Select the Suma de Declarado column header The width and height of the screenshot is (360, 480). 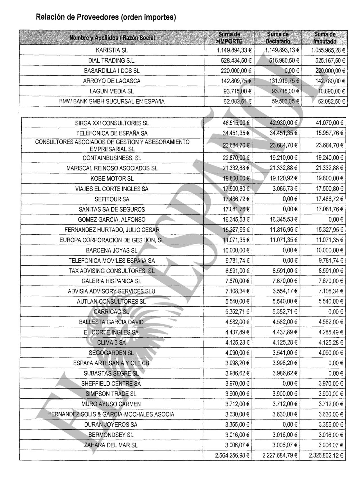click(x=278, y=38)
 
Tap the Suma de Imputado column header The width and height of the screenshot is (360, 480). click(x=325, y=38)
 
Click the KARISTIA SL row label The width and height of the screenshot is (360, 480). click(x=112, y=50)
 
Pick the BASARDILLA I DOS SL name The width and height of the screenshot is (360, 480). click(x=112, y=71)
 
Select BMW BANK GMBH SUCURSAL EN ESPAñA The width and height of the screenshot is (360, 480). click(x=112, y=102)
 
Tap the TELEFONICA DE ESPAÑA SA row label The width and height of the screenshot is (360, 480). click(x=112, y=133)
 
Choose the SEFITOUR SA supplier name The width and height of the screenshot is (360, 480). click(x=112, y=199)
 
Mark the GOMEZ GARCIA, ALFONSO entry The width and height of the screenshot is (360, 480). click(x=112, y=220)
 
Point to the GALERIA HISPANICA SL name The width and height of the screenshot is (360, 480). click(x=112, y=281)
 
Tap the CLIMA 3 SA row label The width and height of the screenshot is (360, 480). click(x=112, y=343)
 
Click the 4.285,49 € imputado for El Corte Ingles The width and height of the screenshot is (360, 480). click(x=331, y=332)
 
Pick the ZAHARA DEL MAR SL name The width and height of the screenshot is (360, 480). click(x=112, y=445)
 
